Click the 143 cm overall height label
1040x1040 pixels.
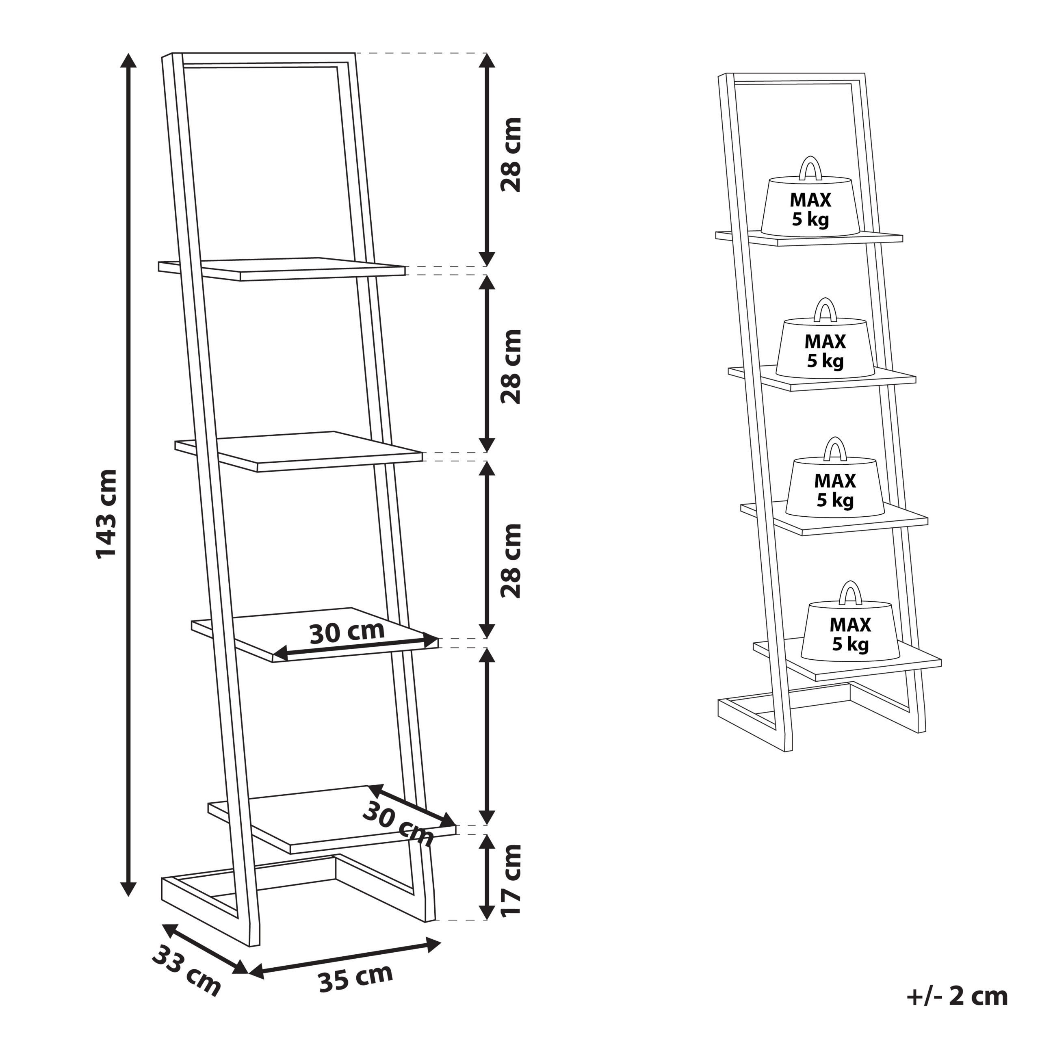pos(106,514)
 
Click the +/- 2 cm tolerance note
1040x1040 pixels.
pos(957,997)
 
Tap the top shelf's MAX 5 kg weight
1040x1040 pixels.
pos(810,207)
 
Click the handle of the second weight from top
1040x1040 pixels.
pos(825,311)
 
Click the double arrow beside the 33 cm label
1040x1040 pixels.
pos(205,947)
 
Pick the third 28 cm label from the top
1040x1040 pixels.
pos(511,561)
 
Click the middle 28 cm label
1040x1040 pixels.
pos(511,366)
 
